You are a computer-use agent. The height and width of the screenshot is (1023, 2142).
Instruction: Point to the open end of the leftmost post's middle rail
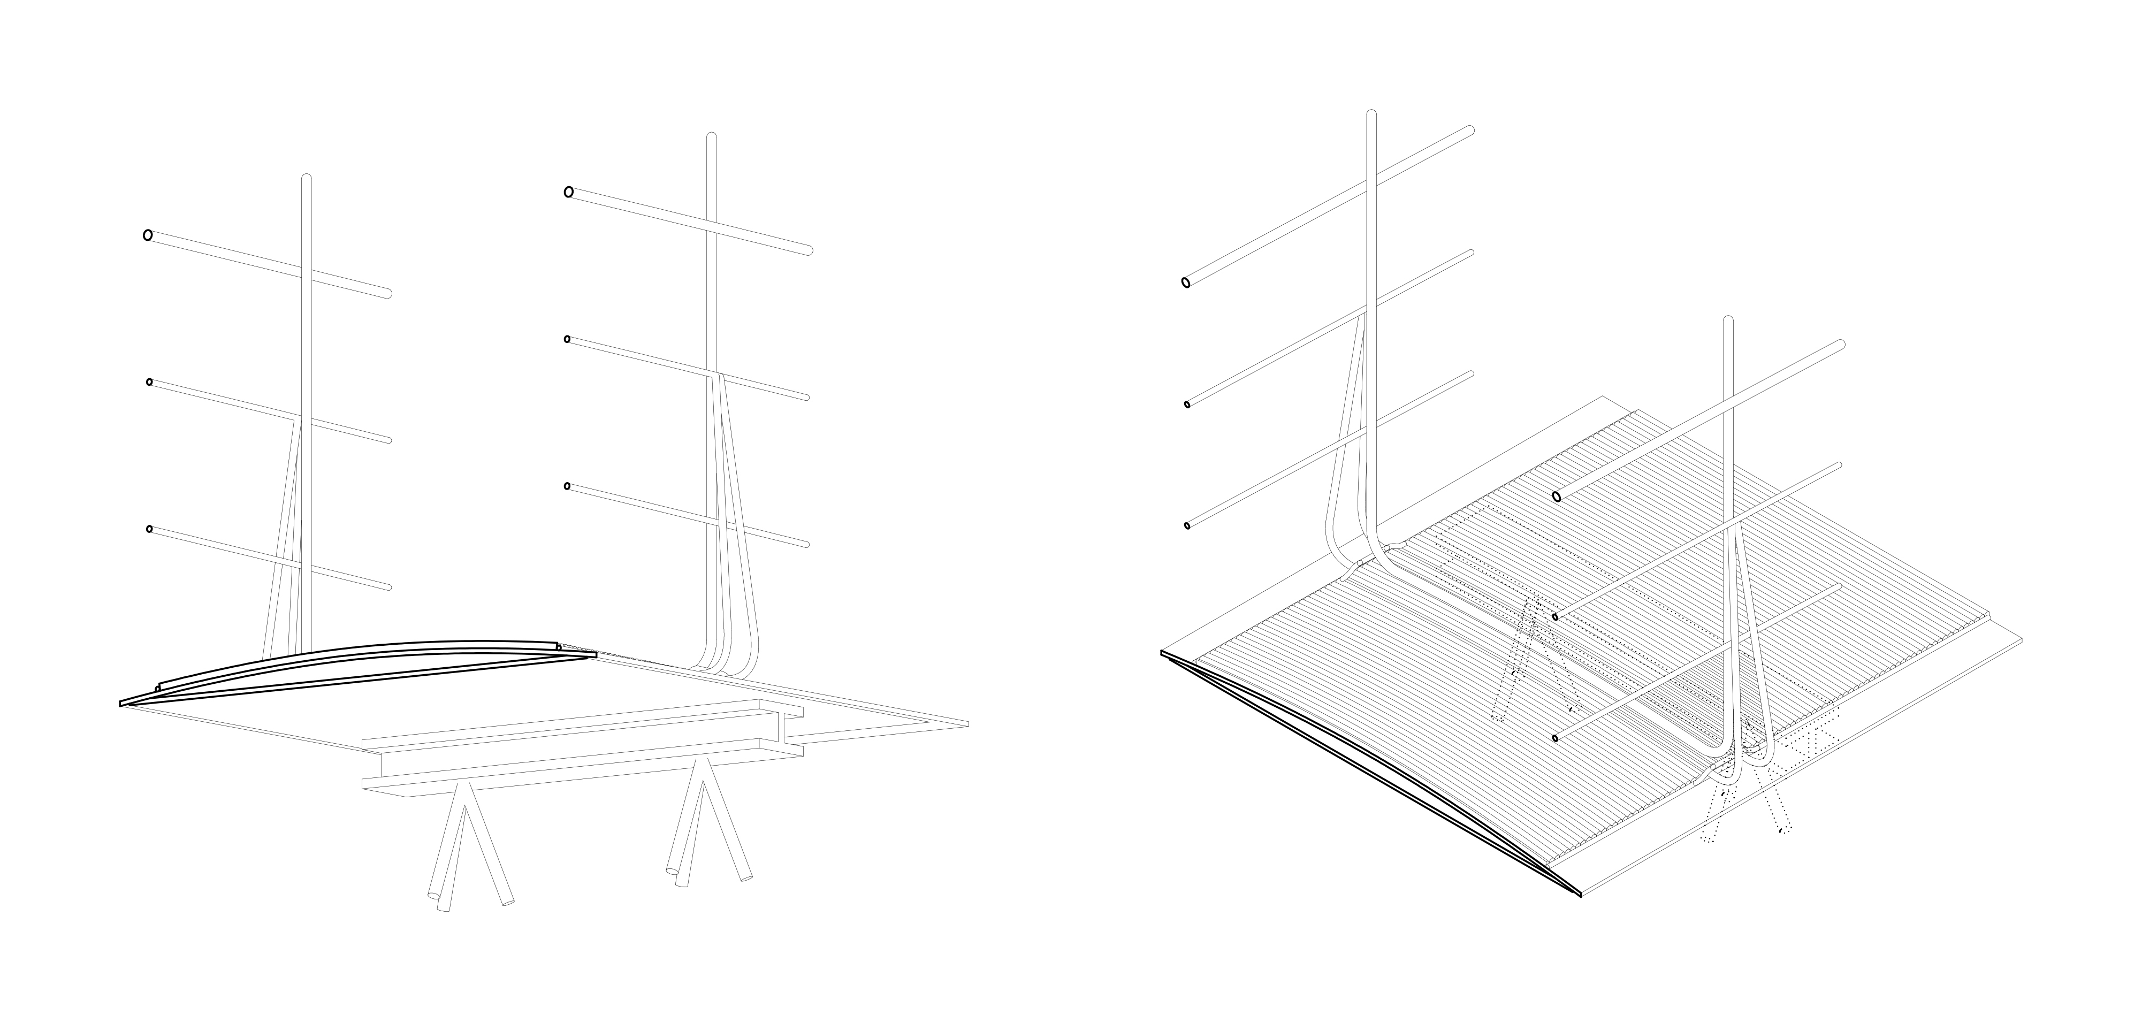(150, 382)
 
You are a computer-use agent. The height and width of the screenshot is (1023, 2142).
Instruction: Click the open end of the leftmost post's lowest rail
(150, 529)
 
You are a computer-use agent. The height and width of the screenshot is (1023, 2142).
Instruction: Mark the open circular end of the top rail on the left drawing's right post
(569, 192)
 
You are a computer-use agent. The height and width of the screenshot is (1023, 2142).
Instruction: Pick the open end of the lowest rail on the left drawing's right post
(567, 486)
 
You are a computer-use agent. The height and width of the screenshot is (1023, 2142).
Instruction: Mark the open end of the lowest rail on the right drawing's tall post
(1187, 525)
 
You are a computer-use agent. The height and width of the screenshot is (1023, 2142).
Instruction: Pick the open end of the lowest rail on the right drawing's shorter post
(1555, 738)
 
